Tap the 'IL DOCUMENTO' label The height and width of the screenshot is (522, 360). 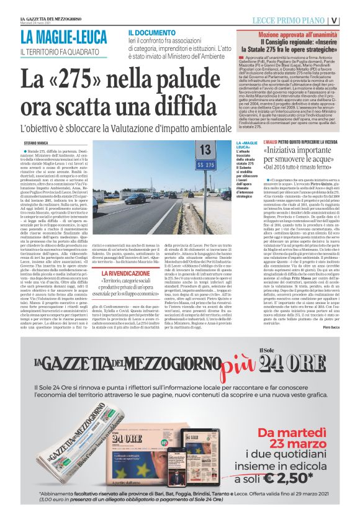152,32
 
